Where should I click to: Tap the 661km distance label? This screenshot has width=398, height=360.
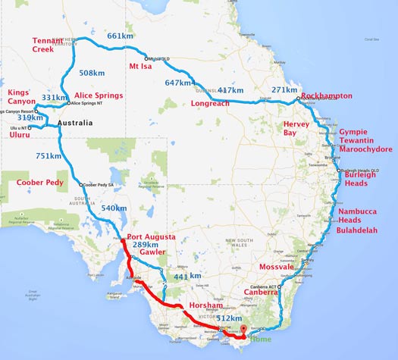[x=120, y=36]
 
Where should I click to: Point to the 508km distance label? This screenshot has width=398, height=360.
[x=91, y=74]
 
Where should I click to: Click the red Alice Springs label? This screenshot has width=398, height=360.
[x=99, y=95]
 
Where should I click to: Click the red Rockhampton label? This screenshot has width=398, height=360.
[x=326, y=96]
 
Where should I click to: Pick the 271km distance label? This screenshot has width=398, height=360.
[x=284, y=89]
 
